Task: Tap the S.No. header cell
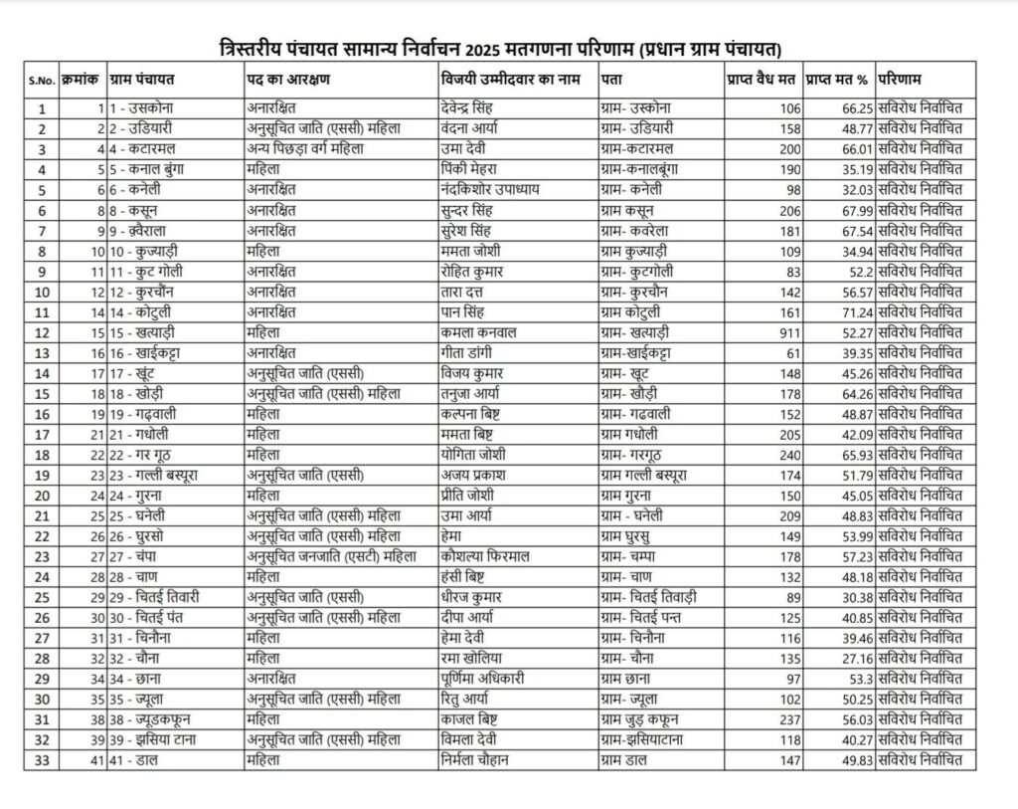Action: click(x=41, y=80)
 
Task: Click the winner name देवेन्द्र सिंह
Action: click(x=471, y=107)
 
